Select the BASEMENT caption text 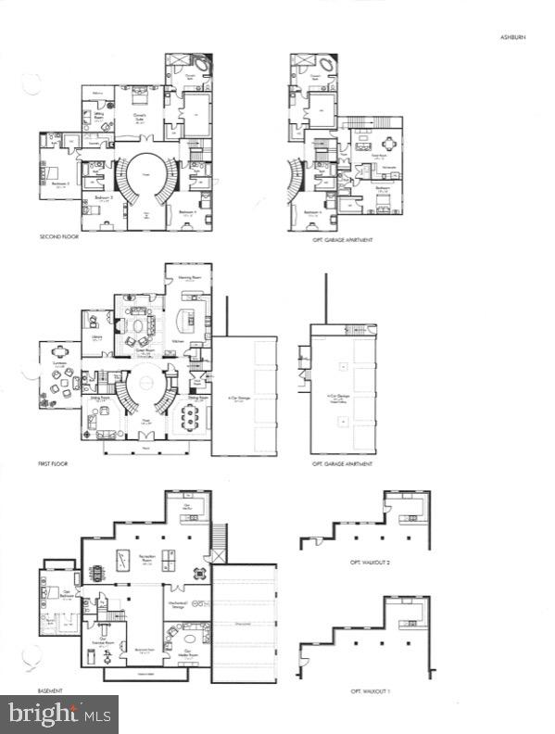[50, 691]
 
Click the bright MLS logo [59, 715]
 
